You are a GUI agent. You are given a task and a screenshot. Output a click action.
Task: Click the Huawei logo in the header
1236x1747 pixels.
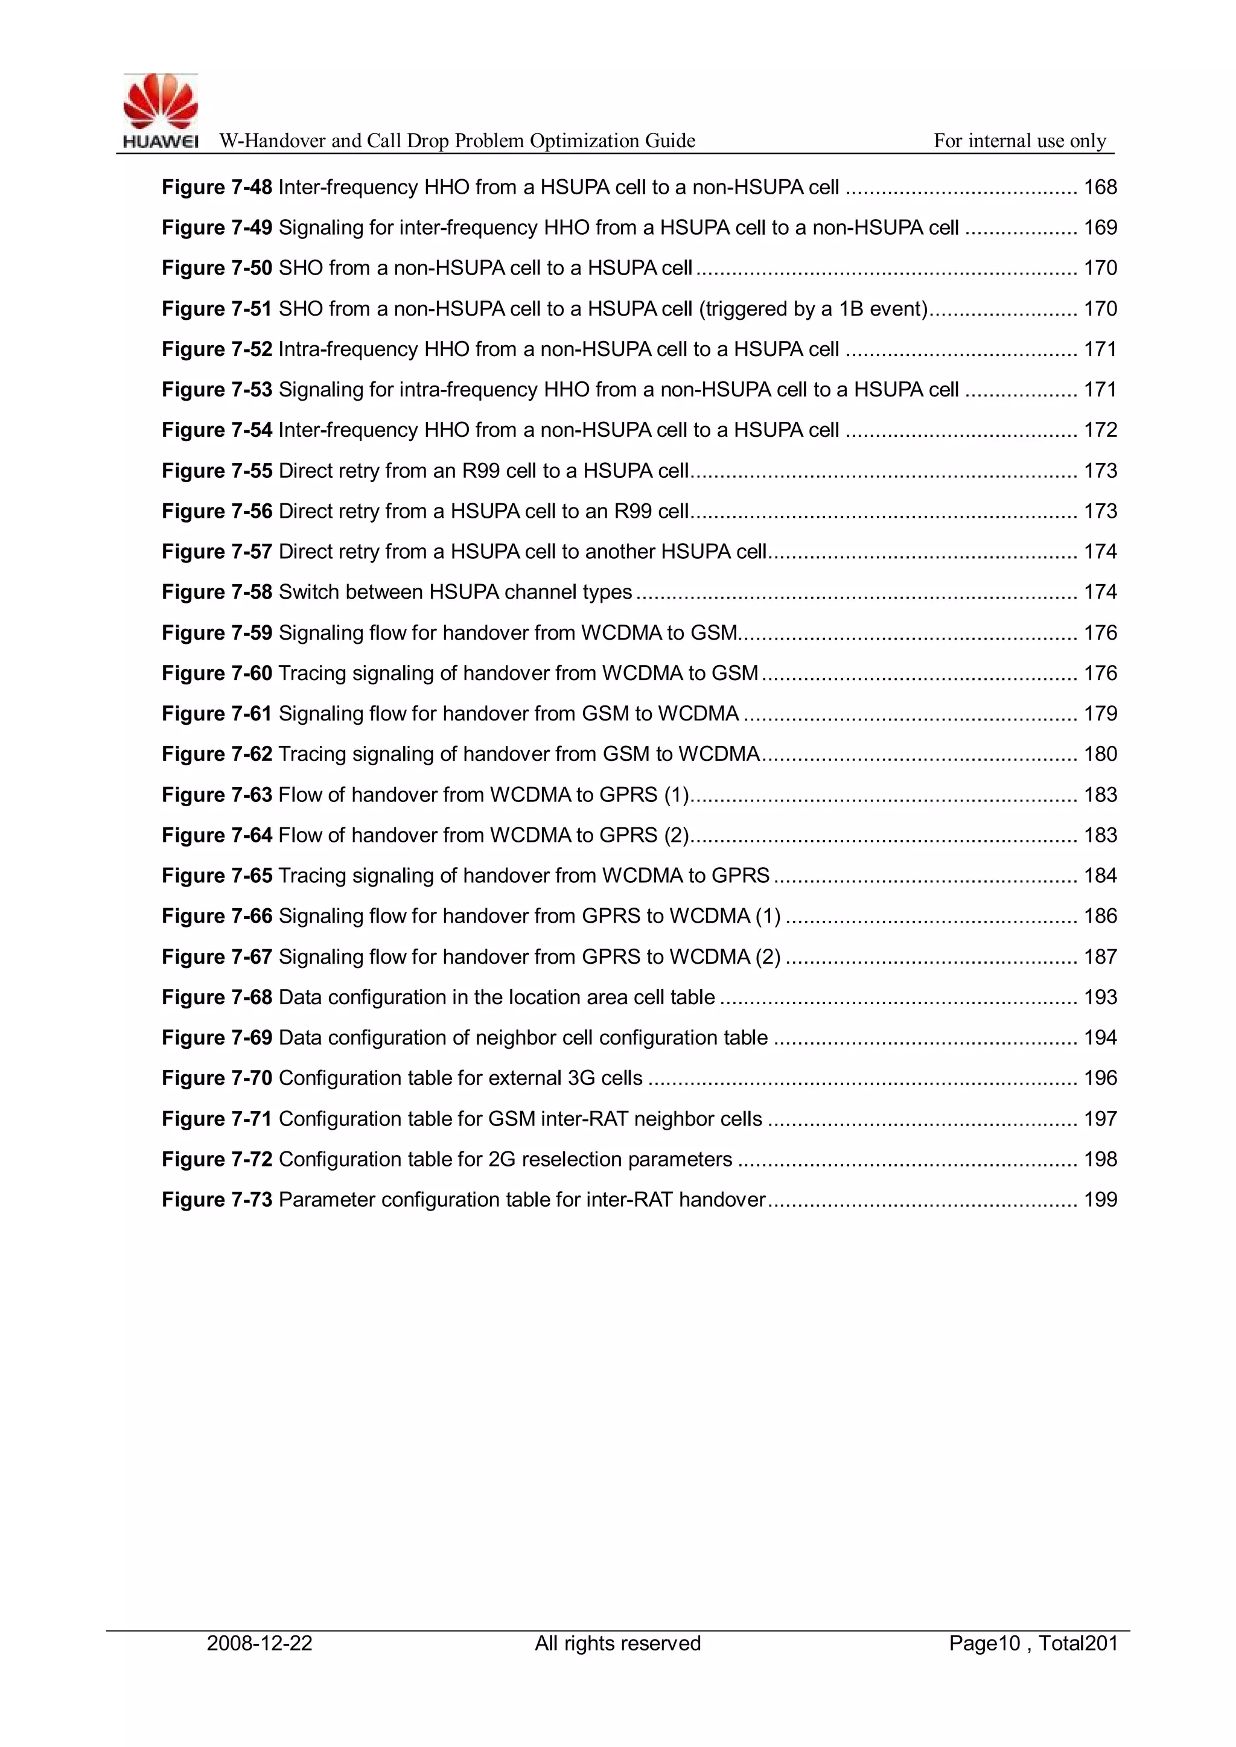pos(161,111)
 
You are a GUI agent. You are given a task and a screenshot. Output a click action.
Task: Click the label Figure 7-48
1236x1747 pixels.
pos(217,187)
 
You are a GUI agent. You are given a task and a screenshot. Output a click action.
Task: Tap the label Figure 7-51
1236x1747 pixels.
pos(217,309)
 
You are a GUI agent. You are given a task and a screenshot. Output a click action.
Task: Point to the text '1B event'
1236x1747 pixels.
pos(882,309)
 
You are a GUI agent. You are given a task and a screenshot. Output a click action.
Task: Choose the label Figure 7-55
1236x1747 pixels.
pos(217,471)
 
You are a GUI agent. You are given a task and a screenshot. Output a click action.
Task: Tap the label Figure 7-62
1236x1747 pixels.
pos(217,754)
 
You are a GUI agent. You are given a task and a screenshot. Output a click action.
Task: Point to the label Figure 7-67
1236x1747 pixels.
pos(217,956)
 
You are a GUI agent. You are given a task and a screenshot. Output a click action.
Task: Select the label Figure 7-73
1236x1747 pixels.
pos(217,1200)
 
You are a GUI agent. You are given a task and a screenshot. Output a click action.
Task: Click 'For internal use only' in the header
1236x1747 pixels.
pos(1020,141)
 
